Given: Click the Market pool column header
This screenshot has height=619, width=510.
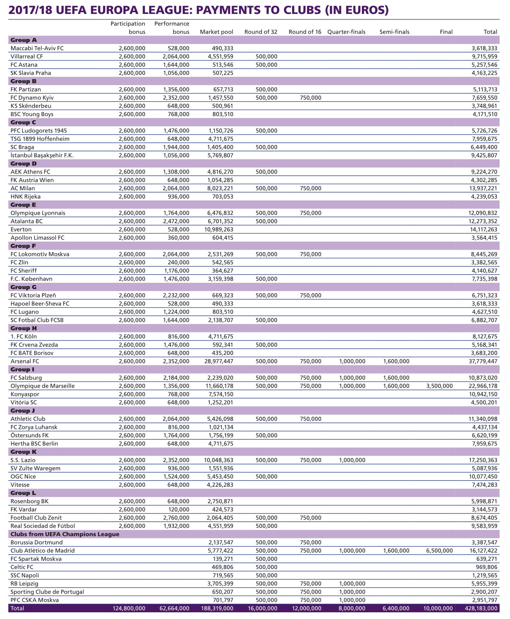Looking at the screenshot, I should click(x=216, y=32).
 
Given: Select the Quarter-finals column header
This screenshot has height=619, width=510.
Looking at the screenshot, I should click(x=346, y=32).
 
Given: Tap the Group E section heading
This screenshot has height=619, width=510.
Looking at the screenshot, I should click(x=23, y=205).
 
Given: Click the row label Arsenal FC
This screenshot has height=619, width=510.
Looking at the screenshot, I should click(x=25, y=361).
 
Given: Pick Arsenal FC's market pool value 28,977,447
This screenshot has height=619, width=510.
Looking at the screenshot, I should click(x=219, y=361).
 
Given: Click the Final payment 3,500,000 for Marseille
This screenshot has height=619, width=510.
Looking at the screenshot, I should click(x=439, y=386).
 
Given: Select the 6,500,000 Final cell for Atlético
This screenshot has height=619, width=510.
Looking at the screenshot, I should click(x=439, y=551).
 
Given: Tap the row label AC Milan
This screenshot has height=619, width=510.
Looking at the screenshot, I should click(x=23, y=188).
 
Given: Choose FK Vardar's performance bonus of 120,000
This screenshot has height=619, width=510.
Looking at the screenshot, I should click(x=178, y=509).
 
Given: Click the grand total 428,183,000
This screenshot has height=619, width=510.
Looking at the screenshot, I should click(x=481, y=608).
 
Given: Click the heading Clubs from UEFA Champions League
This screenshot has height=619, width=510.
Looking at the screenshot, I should click(x=65, y=534).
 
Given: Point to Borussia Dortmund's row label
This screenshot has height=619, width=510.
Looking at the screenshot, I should click(x=37, y=542).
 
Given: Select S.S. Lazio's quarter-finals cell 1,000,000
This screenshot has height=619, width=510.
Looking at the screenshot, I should click(x=352, y=460).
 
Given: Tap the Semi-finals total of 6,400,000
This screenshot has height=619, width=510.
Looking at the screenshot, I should click(x=396, y=608).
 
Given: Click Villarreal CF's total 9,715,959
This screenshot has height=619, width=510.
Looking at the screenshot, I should click(x=484, y=56).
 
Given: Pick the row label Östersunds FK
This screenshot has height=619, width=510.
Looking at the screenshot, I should click(x=30, y=435).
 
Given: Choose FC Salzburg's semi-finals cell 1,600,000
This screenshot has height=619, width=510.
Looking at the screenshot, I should click(x=396, y=378).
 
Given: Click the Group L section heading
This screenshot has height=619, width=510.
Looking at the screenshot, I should click(x=23, y=493).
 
